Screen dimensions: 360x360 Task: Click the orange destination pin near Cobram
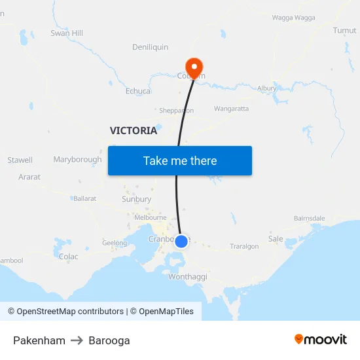tap(194, 66)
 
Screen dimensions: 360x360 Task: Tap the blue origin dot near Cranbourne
tap(181, 241)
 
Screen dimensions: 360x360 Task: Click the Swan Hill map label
tap(67, 33)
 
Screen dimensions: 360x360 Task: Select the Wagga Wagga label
tap(293, 18)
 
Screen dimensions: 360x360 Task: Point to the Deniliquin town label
tap(150, 47)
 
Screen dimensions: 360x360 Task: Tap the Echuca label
tap(138, 91)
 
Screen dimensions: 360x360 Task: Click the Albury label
tap(266, 88)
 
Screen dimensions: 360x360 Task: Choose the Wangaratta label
tap(231, 109)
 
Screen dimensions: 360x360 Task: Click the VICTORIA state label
tap(134, 131)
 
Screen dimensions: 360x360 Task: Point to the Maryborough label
tap(77, 160)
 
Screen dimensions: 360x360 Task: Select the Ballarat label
tap(84, 198)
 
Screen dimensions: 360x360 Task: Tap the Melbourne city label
tap(150, 217)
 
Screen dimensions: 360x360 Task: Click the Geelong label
tap(115, 243)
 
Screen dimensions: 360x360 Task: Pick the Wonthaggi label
tap(188, 277)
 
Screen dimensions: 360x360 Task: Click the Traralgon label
tap(244, 247)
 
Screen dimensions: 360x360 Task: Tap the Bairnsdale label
tap(310, 218)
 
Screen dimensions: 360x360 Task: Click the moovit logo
tap(320, 340)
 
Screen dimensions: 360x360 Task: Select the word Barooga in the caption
tap(109, 340)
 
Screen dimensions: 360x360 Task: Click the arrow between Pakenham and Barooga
tap(77, 340)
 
